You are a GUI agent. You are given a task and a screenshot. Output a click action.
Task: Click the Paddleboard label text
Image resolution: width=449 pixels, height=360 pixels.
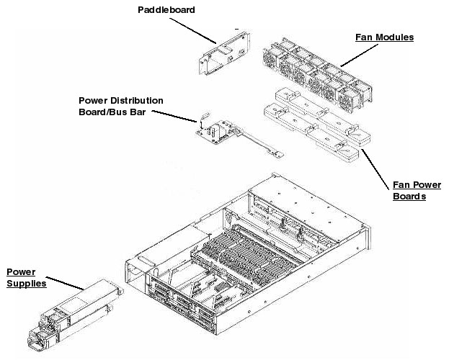tap(166, 10)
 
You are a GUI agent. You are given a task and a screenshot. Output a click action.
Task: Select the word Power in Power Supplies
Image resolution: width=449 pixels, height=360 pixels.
tap(21, 271)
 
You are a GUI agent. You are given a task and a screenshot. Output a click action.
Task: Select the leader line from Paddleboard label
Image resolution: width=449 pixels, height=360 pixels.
tap(195, 30)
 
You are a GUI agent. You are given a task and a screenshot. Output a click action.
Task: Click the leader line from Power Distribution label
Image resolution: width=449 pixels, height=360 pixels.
tap(174, 117)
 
